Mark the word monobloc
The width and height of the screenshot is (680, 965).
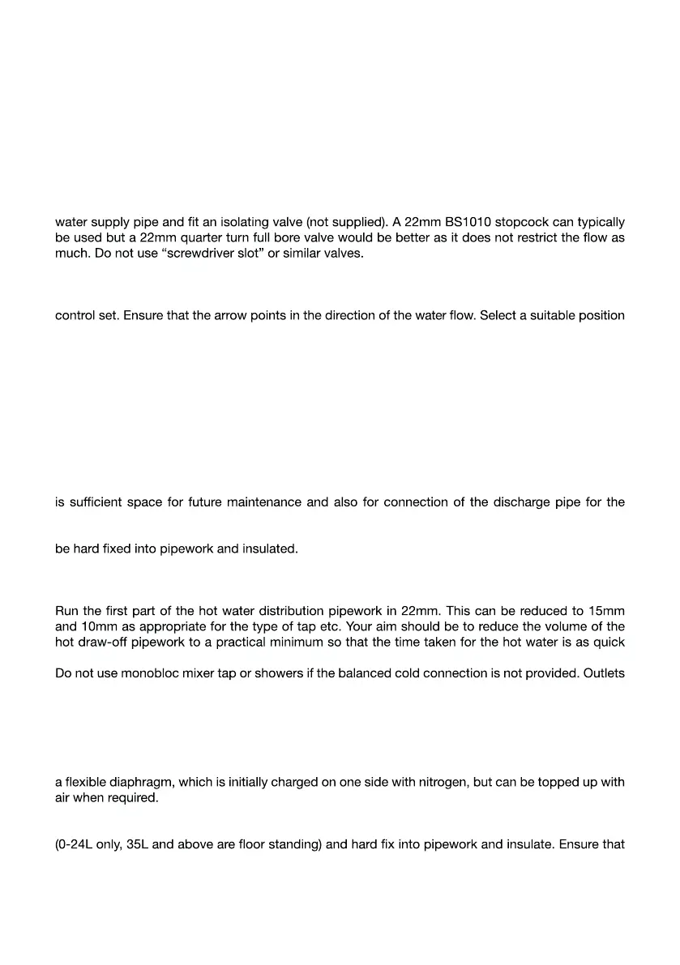tap(148, 673)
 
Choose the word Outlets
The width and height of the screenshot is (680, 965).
tap(604, 673)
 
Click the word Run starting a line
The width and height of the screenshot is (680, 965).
tap(67, 610)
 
